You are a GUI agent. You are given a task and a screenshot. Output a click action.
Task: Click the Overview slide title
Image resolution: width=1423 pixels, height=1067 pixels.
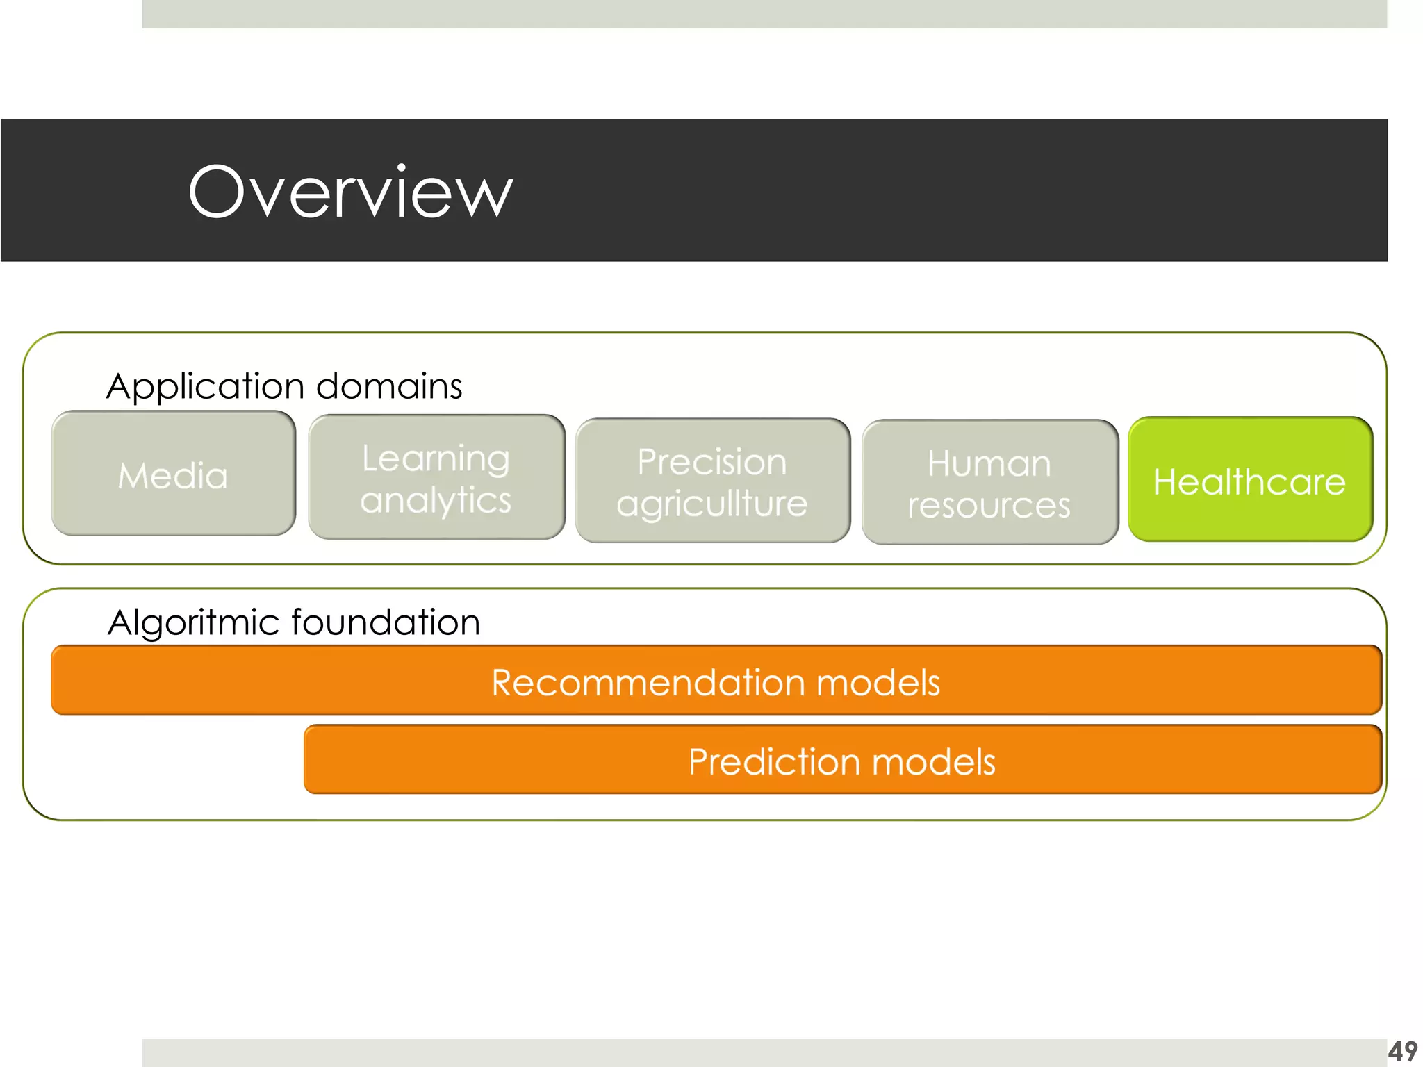coord(350,192)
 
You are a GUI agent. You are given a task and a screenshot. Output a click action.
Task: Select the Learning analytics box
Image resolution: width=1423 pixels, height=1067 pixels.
coord(436,478)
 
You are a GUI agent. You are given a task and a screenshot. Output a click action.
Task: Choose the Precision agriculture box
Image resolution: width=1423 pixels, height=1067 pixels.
coord(712,481)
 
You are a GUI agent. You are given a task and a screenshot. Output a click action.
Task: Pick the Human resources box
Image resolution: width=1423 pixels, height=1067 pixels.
coord(989,483)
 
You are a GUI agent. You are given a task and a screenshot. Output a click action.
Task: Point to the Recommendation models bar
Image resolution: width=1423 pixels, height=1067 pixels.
coord(716,681)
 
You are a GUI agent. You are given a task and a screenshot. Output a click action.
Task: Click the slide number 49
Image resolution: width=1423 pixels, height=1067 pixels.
coord(1402,1051)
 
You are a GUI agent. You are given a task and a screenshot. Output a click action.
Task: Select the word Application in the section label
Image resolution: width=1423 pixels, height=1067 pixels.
coord(206,387)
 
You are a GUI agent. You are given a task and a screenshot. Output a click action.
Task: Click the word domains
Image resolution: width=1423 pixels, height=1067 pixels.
coord(388,386)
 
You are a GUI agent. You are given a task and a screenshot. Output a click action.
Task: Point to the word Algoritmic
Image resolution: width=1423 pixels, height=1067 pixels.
coord(192,623)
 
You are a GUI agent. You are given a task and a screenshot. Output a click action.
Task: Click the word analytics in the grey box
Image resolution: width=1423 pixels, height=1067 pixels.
coord(436,501)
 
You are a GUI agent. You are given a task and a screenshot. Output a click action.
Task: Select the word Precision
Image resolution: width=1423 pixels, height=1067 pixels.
coord(712,462)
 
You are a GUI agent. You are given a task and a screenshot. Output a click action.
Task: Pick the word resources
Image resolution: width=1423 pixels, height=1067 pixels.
coord(989,505)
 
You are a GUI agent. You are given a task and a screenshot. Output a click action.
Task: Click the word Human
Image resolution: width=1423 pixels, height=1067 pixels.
coord(989,463)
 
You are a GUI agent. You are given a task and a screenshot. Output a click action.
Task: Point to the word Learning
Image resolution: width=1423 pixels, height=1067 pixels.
coord(436,459)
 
